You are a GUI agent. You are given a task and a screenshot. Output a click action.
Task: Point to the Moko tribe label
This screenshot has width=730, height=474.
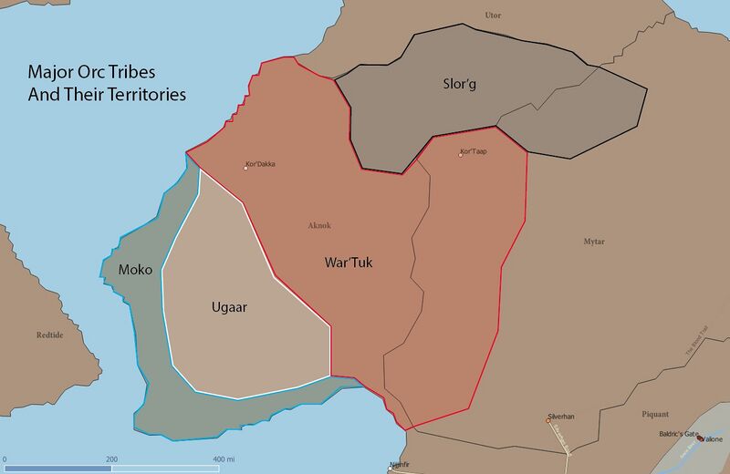click(135, 270)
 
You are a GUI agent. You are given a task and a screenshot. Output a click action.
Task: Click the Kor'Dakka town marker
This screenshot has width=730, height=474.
click(246, 168)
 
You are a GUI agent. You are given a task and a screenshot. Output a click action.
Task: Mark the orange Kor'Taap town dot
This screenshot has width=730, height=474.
click(461, 154)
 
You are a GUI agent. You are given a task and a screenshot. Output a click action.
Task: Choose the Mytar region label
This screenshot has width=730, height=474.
click(594, 241)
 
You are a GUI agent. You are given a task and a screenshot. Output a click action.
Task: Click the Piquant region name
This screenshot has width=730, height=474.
click(655, 414)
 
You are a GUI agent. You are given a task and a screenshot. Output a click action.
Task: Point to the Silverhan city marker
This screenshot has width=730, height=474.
click(547, 421)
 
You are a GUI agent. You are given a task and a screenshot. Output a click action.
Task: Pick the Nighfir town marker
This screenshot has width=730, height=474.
click(392, 468)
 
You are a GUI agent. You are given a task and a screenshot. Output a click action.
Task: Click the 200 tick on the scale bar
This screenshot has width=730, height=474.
click(111, 459)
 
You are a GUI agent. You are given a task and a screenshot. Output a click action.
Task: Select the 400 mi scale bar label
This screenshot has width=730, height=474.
click(223, 459)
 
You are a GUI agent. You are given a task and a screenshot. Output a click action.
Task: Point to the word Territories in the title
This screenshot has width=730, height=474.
click(138, 93)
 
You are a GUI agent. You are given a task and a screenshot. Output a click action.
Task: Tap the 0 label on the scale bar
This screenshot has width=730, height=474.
click(5, 459)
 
